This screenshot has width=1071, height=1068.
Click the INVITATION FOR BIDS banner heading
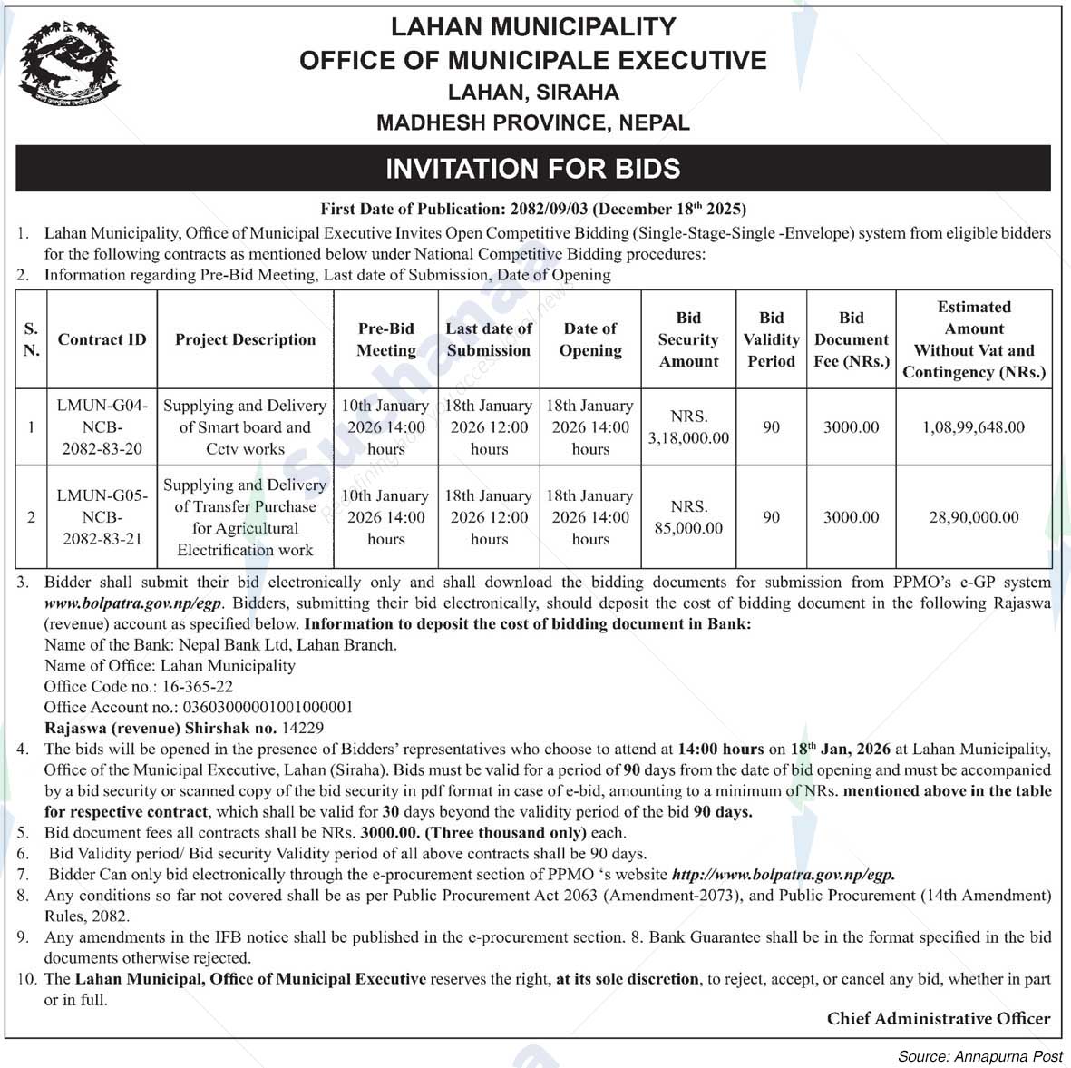coord(533,169)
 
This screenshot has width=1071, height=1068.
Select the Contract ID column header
coord(102,339)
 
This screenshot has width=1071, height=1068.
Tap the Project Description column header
coord(246,339)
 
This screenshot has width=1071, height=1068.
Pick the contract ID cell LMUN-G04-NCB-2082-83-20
coord(102,427)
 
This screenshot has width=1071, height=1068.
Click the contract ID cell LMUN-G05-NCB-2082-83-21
coord(102,517)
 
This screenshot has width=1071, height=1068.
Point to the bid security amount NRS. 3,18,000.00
coord(688,427)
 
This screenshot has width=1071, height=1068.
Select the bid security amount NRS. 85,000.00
coord(688,517)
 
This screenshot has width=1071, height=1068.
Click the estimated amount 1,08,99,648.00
coord(974,427)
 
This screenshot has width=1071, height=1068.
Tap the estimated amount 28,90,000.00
coord(974,517)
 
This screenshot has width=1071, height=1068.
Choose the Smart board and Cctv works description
coord(245,427)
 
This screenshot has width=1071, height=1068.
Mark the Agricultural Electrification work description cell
coord(245,517)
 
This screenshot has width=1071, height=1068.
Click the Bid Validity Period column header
coord(771,339)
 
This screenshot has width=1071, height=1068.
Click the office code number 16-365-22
coord(197,686)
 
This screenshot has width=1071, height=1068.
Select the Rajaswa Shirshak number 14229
coord(303,728)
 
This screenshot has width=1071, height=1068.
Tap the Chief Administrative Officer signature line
coord(938,1019)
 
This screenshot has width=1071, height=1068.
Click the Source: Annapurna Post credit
coord(979,1056)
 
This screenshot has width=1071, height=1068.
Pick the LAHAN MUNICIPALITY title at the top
coord(533,27)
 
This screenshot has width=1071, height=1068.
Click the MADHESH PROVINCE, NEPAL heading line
coord(533,122)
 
